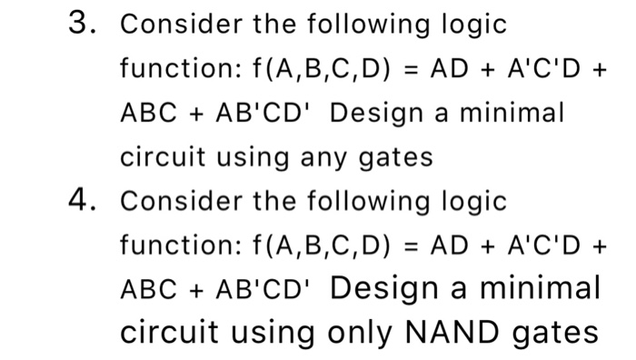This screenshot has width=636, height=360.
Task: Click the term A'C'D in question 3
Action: tap(522, 70)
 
